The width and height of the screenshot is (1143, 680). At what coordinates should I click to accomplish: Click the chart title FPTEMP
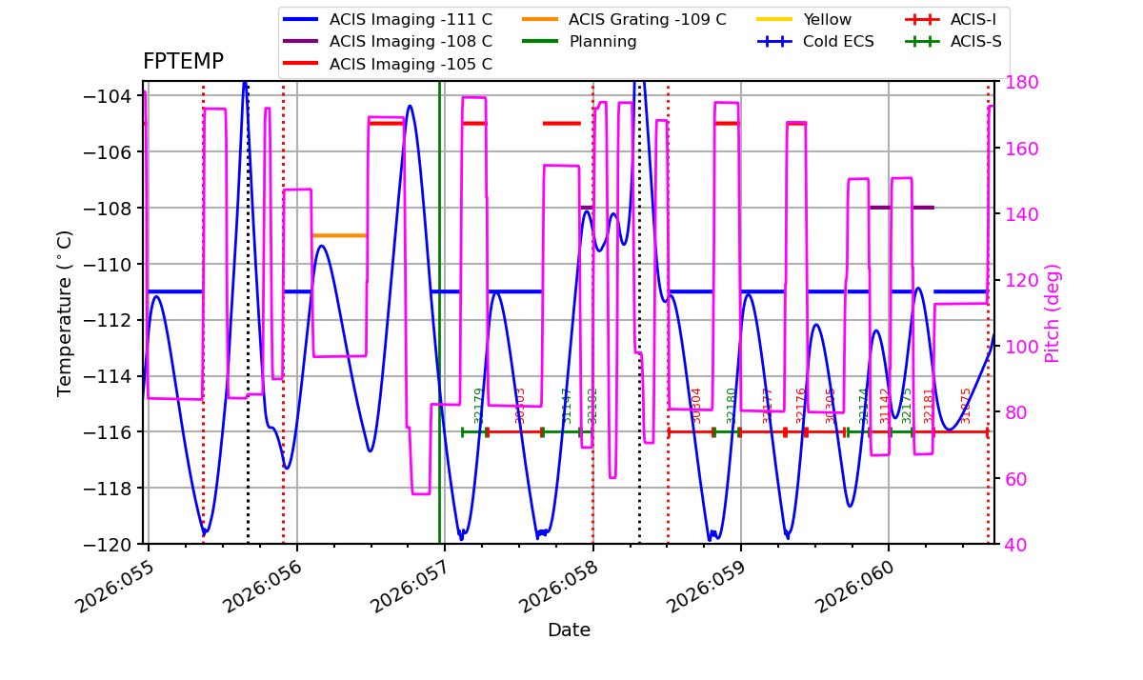[183, 62]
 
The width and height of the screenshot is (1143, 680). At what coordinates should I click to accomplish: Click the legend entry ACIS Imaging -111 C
[411, 19]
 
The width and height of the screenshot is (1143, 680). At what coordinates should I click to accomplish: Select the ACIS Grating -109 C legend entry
[647, 19]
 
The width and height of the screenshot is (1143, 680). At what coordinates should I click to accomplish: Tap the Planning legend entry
[603, 42]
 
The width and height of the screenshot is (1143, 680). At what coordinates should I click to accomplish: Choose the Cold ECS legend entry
[838, 42]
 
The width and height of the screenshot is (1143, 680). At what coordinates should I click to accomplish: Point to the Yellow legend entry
[827, 19]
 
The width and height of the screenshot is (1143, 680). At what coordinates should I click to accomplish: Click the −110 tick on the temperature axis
[111, 264]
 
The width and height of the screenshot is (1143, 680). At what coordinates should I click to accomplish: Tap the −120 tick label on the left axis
[111, 544]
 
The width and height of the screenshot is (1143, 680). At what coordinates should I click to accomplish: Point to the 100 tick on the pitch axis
[1013, 346]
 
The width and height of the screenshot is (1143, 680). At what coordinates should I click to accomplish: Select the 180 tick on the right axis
[1013, 81]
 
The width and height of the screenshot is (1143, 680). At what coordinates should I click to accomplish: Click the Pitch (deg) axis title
[1053, 312]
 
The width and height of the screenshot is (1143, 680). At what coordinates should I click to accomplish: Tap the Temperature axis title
[65, 312]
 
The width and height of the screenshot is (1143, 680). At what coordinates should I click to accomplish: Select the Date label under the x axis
[569, 630]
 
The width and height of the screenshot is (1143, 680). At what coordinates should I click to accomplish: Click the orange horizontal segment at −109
[339, 235]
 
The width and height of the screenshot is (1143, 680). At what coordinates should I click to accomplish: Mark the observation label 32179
[479, 405]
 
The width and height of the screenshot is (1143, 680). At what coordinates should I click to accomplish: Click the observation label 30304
[696, 405]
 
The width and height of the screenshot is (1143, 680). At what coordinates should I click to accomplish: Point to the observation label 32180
[732, 405]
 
